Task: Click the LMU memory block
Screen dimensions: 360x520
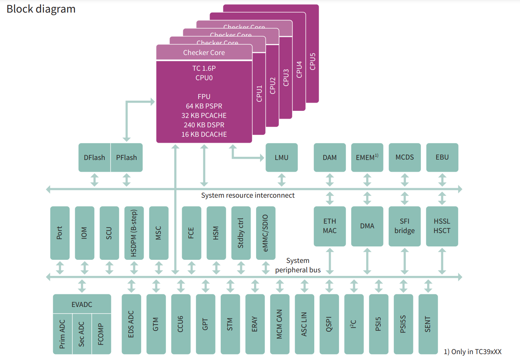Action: pyautogui.click(x=282, y=158)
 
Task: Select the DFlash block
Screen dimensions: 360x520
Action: pyautogui.click(x=94, y=158)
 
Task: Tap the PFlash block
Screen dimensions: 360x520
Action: pyautogui.click(x=126, y=158)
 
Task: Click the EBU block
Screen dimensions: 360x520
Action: pyautogui.click(x=442, y=157)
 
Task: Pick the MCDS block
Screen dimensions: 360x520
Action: pyautogui.click(x=405, y=157)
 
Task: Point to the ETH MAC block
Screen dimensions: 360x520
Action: pyautogui.click(x=330, y=226)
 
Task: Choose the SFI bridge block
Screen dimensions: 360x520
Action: pyautogui.click(x=405, y=226)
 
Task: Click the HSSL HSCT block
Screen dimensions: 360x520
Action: pyautogui.click(x=442, y=226)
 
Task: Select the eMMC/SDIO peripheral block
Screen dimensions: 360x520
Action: pyautogui.click(x=266, y=233)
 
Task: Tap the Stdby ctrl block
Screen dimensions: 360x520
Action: pyautogui.click(x=241, y=233)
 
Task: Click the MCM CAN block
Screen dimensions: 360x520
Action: pyautogui.click(x=279, y=324)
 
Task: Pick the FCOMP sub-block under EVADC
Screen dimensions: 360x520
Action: pyautogui.click(x=101, y=334)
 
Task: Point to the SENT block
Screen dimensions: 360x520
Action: pyautogui.click(x=428, y=324)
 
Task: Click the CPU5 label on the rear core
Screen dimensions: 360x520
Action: pyautogui.click(x=313, y=61)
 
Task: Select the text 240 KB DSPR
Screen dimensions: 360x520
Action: pyautogui.click(x=204, y=125)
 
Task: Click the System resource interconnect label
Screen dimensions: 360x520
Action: pyautogui.click(x=248, y=195)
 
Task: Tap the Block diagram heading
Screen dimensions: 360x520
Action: pyautogui.click(x=41, y=9)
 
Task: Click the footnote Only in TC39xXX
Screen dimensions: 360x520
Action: pyautogui.click(x=473, y=352)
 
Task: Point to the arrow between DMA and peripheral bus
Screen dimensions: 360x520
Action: pyautogui.click(x=367, y=261)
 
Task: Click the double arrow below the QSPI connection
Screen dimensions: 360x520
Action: pyautogui.click(x=329, y=286)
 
